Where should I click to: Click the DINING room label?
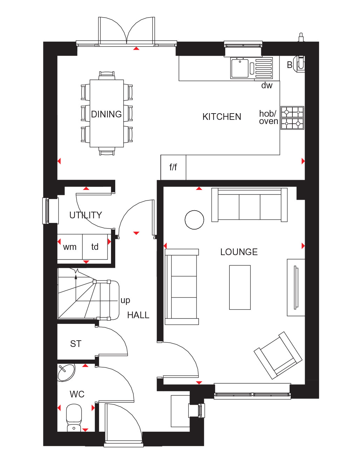point(106,114)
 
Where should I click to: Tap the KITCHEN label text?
point(222,117)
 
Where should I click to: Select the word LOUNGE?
point(239,252)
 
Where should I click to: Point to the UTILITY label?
point(85,215)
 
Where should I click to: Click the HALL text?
point(138,315)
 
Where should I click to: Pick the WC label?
point(77,394)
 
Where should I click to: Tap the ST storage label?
point(76,344)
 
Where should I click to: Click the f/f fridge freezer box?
point(173,168)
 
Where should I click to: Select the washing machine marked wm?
point(70,247)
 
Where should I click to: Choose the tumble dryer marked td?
point(95,247)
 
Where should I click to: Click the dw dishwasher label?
point(267,86)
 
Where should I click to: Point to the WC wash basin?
point(66,373)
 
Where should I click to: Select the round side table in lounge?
point(194,220)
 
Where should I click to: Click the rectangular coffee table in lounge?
point(240,287)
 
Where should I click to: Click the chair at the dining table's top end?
point(107,76)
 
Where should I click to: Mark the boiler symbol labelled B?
point(299,64)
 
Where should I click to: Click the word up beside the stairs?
point(125,301)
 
